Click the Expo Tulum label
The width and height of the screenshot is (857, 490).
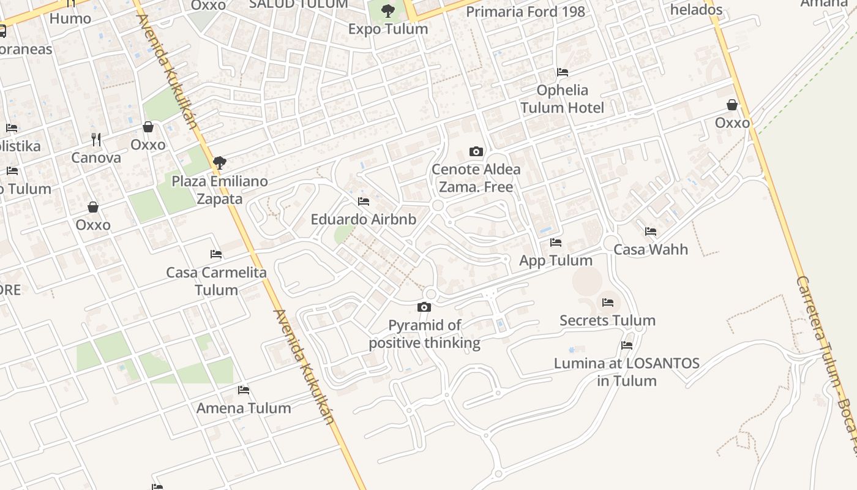(x=387, y=29)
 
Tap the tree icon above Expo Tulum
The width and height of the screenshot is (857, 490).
(x=387, y=10)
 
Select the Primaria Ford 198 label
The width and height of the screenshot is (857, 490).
(x=525, y=12)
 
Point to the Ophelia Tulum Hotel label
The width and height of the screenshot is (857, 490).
(x=562, y=99)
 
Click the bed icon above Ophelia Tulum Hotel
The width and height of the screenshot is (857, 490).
(x=563, y=72)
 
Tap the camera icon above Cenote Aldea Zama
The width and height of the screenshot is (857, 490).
(x=476, y=151)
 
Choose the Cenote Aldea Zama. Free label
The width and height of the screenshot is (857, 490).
(x=476, y=178)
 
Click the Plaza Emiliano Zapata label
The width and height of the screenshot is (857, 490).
(x=219, y=190)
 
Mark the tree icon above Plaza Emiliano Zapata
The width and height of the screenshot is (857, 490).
(x=219, y=163)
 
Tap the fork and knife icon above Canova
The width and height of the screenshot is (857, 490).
(x=96, y=140)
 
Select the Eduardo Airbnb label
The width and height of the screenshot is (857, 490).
(x=363, y=219)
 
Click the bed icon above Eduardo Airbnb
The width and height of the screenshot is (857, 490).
(x=364, y=202)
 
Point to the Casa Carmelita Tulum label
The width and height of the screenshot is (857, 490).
(x=216, y=281)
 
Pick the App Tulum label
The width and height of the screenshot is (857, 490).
(x=555, y=260)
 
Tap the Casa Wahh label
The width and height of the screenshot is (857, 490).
(x=650, y=249)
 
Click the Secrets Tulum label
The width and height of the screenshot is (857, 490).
(x=607, y=320)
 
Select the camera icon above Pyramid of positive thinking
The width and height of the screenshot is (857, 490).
(x=424, y=307)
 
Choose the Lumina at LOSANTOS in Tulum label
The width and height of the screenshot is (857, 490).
(x=626, y=372)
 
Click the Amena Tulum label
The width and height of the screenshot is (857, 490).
(x=244, y=408)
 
